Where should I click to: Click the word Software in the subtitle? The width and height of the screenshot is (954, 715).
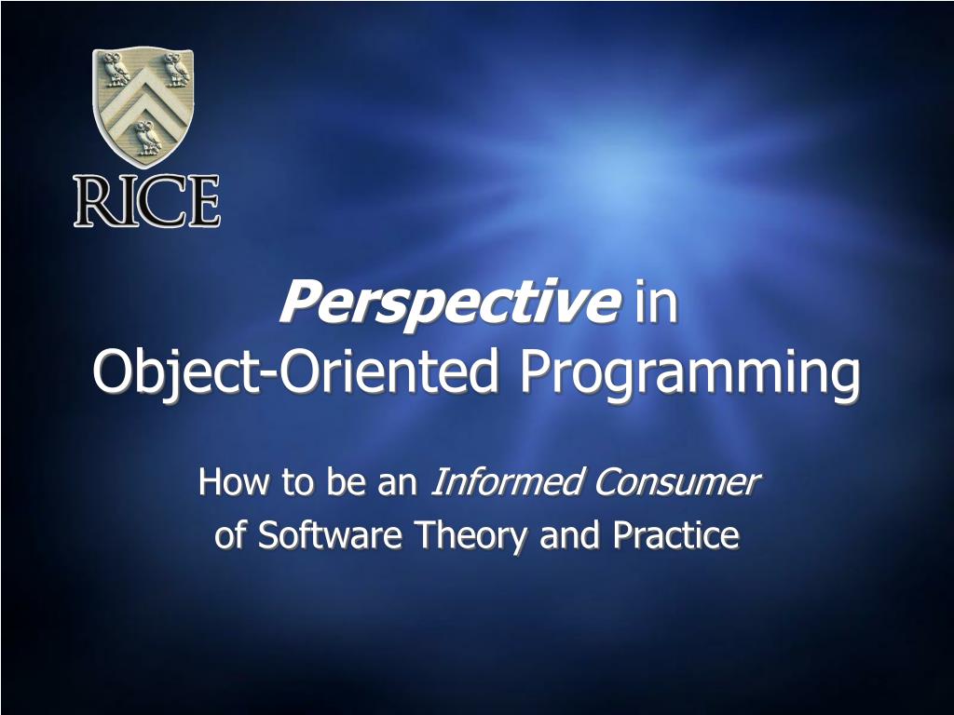pos(330,535)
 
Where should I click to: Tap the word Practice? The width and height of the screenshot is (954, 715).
pos(676,535)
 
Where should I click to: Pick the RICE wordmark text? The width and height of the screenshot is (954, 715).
pos(146,201)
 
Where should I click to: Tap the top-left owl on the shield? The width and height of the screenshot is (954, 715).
pos(116,69)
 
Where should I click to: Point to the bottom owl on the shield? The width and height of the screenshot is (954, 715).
pos(148,138)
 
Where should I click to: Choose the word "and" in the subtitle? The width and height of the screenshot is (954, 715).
pos(570,535)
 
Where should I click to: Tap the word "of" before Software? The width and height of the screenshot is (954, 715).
pos(230,535)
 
